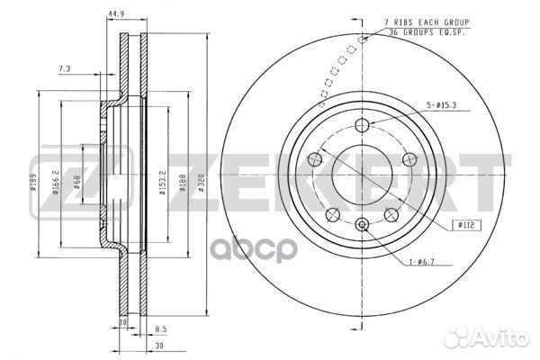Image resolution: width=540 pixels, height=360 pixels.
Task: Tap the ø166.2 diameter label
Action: pyautogui.click(x=56, y=169)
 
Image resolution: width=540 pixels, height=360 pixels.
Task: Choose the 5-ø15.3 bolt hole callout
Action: pyautogui.click(x=442, y=106)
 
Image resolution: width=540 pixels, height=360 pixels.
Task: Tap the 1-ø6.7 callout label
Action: pyautogui.click(x=421, y=263)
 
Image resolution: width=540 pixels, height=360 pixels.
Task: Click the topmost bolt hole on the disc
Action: pyautogui.click(x=363, y=126)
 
